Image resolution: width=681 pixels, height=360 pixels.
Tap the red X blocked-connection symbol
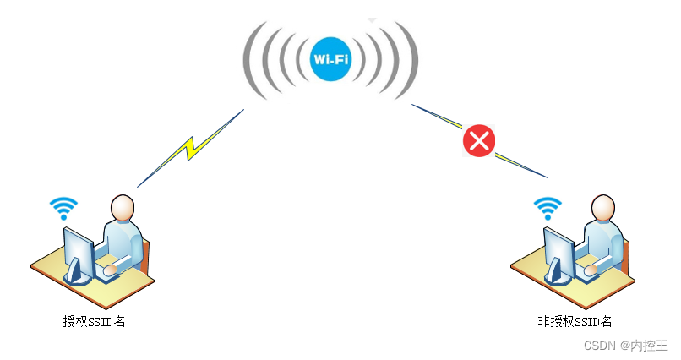[x=478, y=139]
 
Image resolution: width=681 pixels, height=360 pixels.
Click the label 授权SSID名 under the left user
[x=94, y=321]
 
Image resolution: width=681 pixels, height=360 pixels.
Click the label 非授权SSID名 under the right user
[x=575, y=321]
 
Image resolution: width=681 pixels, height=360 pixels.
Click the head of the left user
[x=123, y=207]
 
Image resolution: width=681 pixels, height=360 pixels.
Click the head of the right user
[x=602, y=207]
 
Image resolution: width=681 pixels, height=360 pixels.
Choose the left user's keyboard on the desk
[x=108, y=271]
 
